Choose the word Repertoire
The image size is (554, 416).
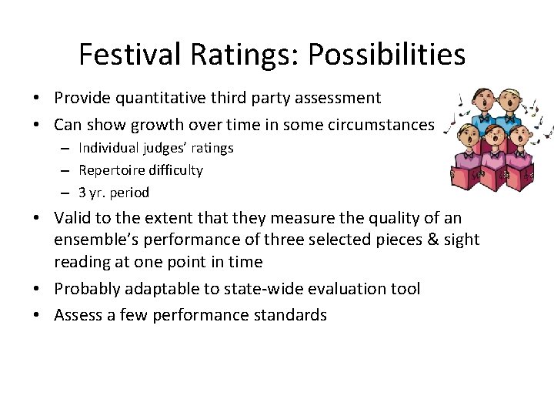(112, 170)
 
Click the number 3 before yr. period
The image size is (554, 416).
(82, 193)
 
